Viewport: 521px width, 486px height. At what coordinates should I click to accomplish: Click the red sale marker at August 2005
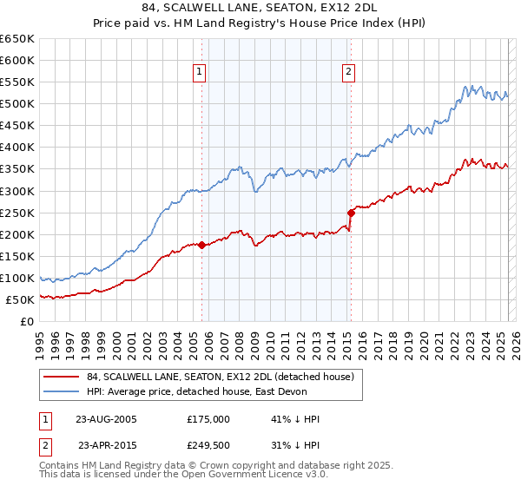coord(201,245)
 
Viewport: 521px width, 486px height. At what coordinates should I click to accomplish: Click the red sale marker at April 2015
coord(351,213)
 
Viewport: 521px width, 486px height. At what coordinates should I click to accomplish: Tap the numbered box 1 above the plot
coord(200,72)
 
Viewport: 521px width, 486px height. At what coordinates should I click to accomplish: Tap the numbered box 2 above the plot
coord(348,72)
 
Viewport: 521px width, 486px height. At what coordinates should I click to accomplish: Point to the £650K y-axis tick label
coord(17,39)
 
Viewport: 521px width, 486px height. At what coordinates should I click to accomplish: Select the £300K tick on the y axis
coord(17,191)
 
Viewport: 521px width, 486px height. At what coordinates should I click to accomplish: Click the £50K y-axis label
coord(20,299)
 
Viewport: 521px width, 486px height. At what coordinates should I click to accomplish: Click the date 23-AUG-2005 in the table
coord(107,418)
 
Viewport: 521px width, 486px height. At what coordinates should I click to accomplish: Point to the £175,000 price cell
coord(208,418)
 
